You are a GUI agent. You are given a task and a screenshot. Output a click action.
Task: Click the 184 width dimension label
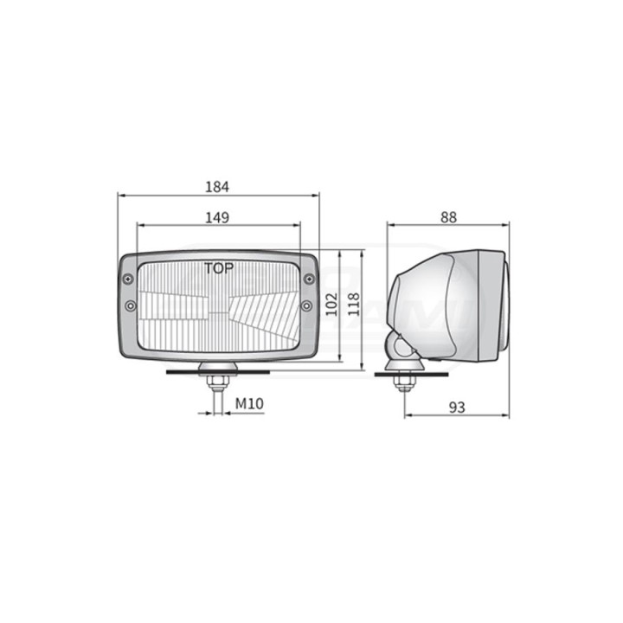tap(217, 187)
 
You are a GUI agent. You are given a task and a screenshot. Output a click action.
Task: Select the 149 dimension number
tap(217, 218)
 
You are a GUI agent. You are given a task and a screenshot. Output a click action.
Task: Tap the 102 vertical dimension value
tap(331, 305)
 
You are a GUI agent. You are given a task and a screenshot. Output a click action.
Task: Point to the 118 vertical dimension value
tap(354, 305)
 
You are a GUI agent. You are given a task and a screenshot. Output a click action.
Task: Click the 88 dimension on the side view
tap(448, 217)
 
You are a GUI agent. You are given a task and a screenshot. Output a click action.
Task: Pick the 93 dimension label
tap(457, 408)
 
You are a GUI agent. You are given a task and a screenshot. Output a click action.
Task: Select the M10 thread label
tap(249, 404)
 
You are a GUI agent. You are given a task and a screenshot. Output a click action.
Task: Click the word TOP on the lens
tap(219, 268)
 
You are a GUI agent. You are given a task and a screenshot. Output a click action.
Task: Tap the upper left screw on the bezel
tap(128, 279)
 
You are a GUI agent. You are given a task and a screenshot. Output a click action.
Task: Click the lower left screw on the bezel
tap(131, 305)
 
